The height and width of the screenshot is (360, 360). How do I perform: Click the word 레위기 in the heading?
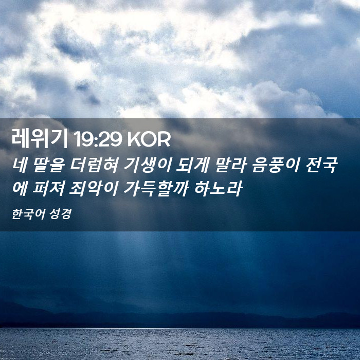(x=40, y=138)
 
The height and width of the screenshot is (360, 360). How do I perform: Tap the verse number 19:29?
(x=98, y=139)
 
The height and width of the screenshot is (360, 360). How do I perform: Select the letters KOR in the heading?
(x=149, y=139)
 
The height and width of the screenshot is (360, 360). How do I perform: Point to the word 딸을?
(x=49, y=165)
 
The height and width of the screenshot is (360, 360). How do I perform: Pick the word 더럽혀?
(x=94, y=165)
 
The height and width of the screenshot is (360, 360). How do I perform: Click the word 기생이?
(x=148, y=165)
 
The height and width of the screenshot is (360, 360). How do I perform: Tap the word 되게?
(x=192, y=165)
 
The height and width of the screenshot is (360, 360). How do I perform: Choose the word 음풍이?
(x=276, y=165)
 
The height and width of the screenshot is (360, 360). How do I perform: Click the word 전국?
(x=321, y=165)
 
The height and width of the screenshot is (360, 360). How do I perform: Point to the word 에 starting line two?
(x=20, y=189)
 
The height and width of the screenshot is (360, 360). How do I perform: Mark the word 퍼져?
(x=48, y=189)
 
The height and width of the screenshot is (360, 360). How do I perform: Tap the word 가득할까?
(x=156, y=189)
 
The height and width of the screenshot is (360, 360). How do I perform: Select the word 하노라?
(x=218, y=189)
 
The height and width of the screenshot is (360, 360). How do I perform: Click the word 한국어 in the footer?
(x=28, y=214)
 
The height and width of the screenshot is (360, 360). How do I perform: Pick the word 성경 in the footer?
(x=60, y=214)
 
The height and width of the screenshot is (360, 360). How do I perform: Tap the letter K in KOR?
(x=133, y=139)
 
